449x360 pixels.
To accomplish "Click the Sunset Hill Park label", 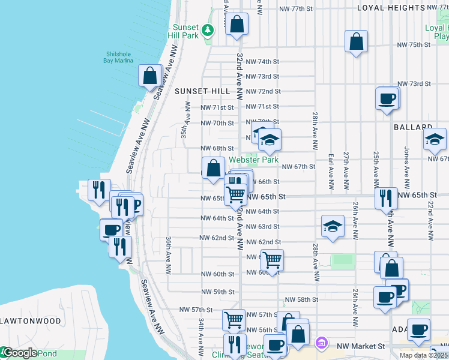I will click(185, 31).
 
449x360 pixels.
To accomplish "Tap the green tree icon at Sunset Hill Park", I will click(208, 29).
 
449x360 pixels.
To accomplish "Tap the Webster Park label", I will click(254, 160).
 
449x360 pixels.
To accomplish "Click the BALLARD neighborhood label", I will click(413, 128).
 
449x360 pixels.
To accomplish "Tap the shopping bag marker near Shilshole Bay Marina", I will click(149, 76).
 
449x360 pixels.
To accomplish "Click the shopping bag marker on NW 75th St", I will click(357, 41).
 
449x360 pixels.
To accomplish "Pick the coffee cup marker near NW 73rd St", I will click(387, 98).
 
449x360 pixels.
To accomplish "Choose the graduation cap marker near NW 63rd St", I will click(333, 226).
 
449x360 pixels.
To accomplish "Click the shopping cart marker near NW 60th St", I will click(272, 260).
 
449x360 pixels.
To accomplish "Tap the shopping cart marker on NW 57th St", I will click(233, 319).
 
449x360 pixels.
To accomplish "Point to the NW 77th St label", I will click(298, 9).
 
